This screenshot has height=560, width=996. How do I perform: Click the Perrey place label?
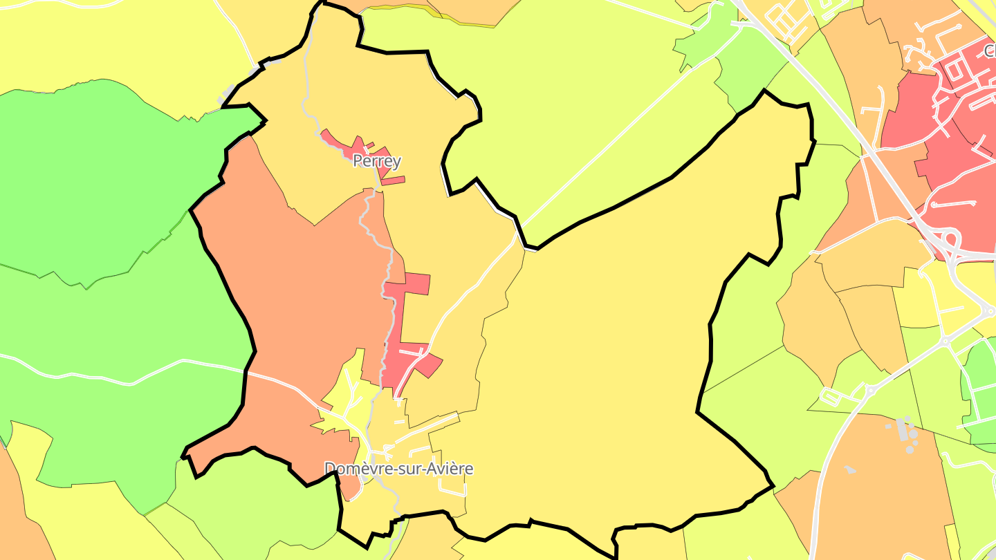click(376, 161)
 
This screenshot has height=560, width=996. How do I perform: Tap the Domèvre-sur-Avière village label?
click(399, 469)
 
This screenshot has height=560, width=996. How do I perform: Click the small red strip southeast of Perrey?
click(392, 181)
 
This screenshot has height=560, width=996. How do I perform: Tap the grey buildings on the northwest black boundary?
click(228, 94)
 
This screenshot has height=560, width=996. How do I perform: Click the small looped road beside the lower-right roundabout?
click(831, 397)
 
